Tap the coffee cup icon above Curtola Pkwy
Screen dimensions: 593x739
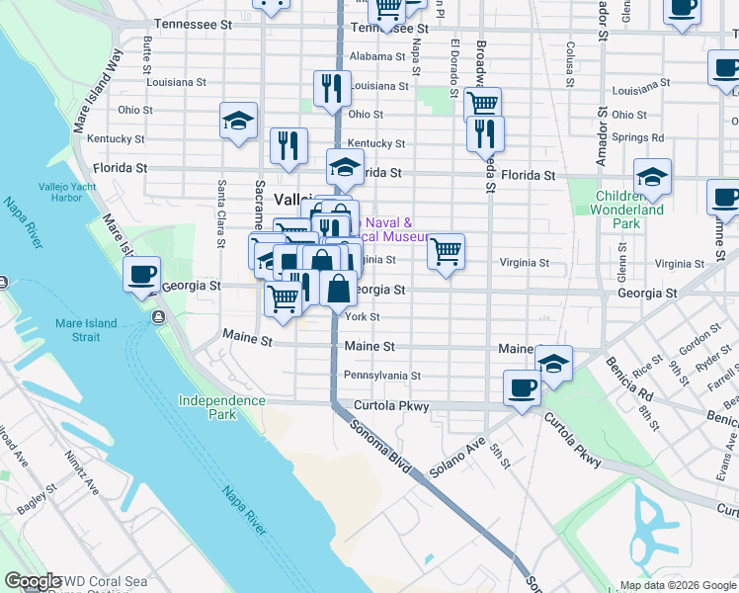(521, 387)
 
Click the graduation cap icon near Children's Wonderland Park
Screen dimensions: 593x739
(652, 178)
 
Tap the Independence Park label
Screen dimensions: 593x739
(221, 407)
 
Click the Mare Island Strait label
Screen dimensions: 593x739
(86, 330)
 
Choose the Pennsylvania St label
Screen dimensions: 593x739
(382, 376)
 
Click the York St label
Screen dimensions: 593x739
(362, 316)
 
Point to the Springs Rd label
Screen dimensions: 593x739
(637, 137)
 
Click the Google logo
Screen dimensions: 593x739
(34, 581)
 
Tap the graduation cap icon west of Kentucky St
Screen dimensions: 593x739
(239, 122)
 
